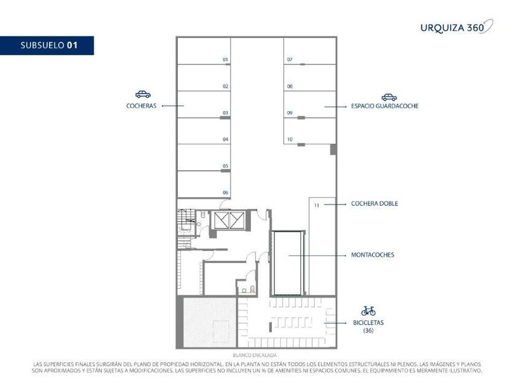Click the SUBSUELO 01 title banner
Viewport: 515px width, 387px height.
pyautogui.click(x=47, y=45)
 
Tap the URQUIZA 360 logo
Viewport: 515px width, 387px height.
pyautogui.click(x=457, y=27)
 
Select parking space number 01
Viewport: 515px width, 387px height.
pyautogui.click(x=204, y=50)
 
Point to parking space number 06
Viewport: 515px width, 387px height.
pyautogui.click(x=204, y=184)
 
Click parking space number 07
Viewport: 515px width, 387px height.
pyautogui.click(x=310, y=50)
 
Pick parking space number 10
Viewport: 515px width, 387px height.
pyautogui.click(x=310, y=131)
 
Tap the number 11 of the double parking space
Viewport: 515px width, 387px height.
pyautogui.click(x=316, y=205)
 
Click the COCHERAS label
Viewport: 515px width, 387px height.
pyautogui.click(x=141, y=106)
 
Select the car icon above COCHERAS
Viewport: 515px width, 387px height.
pyautogui.click(x=143, y=95)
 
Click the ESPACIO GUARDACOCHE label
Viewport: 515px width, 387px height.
pyautogui.click(x=384, y=106)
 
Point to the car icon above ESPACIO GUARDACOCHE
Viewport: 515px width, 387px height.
pyautogui.click(x=389, y=98)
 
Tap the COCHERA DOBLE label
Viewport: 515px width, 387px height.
pyautogui.click(x=375, y=203)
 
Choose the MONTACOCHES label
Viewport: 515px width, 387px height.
pyautogui.click(x=373, y=255)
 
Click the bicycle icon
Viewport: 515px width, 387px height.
pyautogui.click(x=368, y=311)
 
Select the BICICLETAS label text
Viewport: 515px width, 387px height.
pyautogui.click(x=368, y=322)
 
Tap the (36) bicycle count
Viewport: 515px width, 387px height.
pyautogui.click(x=368, y=330)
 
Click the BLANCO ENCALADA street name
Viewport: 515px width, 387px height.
pyautogui.click(x=254, y=356)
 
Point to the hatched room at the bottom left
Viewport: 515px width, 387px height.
pyautogui.click(x=210, y=322)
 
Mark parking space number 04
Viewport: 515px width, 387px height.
pyautogui.click(x=204, y=131)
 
